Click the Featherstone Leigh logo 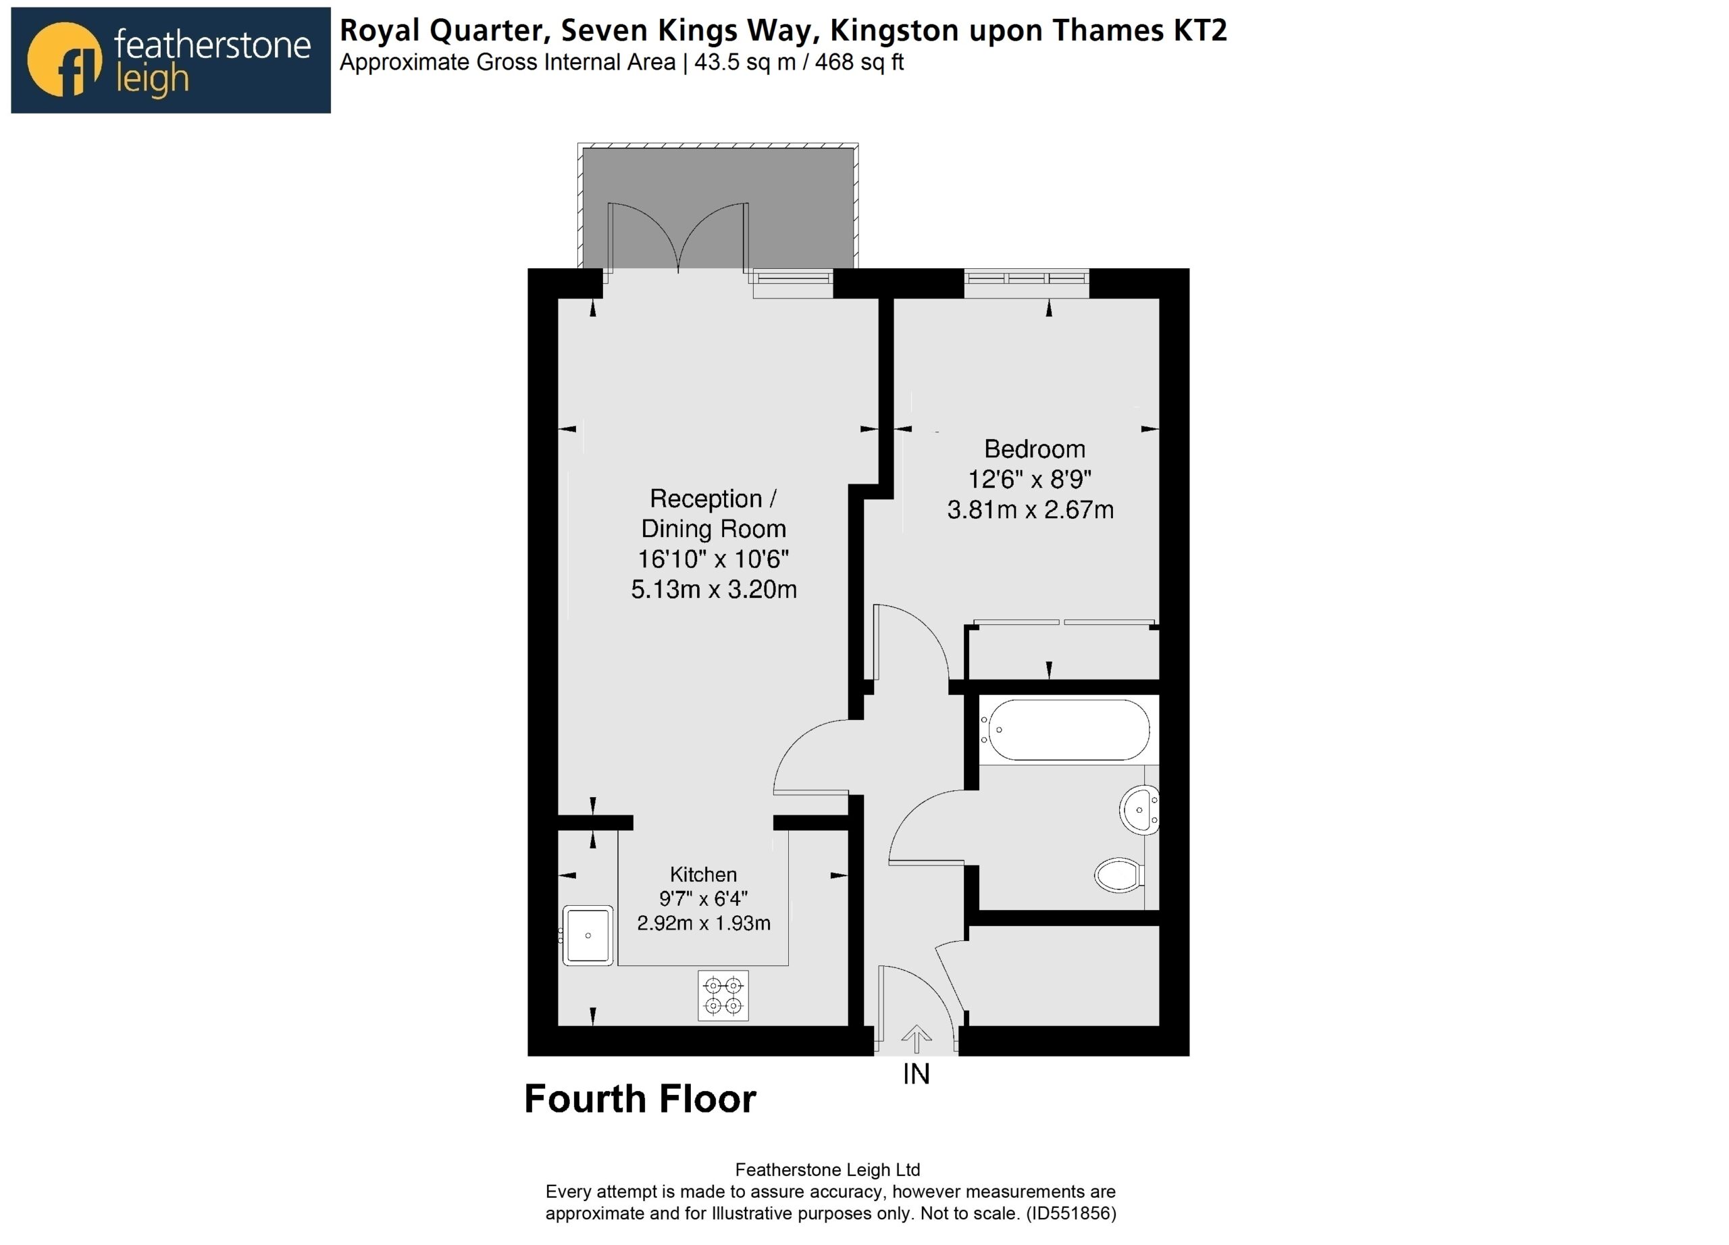171,60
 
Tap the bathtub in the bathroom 1065,730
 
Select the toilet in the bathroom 1119,875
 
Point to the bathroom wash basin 1139,810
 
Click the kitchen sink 588,936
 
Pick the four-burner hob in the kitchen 723,995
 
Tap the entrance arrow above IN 916,1039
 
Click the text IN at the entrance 917,1074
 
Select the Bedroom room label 1035,449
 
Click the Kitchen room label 703,875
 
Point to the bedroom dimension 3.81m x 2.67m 1030,509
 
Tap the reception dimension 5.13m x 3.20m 714,589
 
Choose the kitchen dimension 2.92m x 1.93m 704,923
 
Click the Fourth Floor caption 640,1098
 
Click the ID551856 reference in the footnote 1071,1213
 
